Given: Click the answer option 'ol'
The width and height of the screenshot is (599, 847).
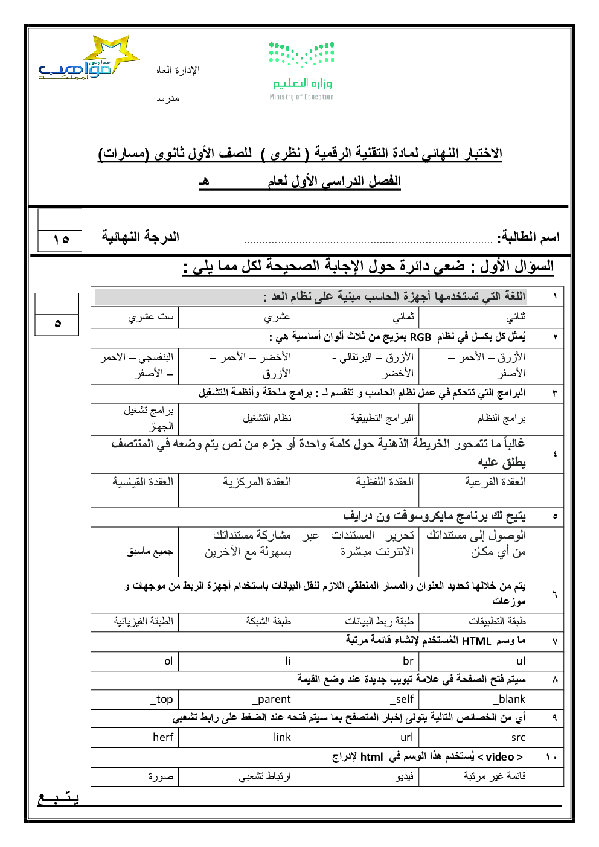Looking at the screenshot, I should pos(168,661).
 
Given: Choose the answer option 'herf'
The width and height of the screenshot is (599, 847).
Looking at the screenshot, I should pos(163,737).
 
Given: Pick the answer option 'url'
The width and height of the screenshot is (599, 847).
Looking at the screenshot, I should pos(407,737).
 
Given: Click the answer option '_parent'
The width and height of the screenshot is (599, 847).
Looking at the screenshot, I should pos(271,699).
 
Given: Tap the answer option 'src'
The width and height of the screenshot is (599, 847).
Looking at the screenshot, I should pos(518,737).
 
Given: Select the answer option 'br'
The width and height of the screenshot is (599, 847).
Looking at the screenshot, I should pos(408,661).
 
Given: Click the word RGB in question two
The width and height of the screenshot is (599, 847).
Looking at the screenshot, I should pos(420,337).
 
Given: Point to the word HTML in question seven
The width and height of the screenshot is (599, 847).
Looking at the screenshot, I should pos(476,641).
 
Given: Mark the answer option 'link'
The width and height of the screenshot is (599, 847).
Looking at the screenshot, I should pos(282,737).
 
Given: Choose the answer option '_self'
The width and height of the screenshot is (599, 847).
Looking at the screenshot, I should pos(402,699).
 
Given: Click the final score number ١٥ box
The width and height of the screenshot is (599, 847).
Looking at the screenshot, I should pos(60,240).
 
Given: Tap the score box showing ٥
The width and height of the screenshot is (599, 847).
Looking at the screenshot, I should pos(57,323).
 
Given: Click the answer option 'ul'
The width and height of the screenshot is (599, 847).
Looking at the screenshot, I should pos(521,661).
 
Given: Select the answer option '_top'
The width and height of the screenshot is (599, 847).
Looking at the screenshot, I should pos(162,699).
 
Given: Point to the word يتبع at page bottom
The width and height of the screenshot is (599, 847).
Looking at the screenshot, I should pos(58,798).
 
